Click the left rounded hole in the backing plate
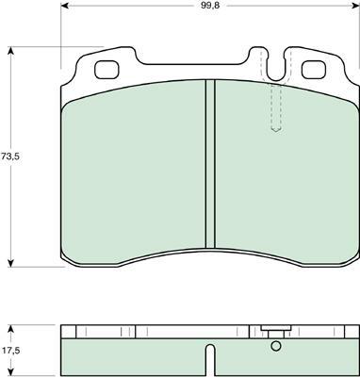(x=106, y=70)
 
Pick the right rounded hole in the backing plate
(x=313, y=70)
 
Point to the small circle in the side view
(x=276, y=346)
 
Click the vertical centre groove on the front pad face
(x=210, y=164)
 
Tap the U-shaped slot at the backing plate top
(x=276, y=64)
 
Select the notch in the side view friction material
(x=211, y=360)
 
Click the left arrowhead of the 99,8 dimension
(x=65, y=6)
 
